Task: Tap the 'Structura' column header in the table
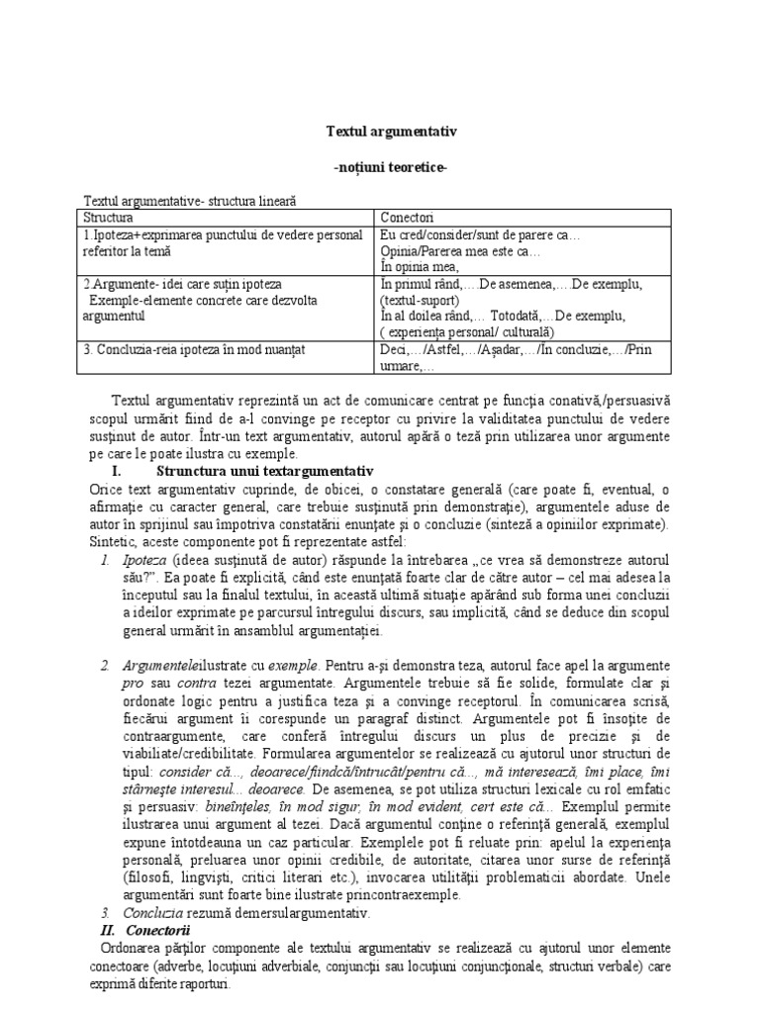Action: [108, 217]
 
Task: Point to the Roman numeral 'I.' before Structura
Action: [116, 469]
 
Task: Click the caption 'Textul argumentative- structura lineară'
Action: [190, 200]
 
